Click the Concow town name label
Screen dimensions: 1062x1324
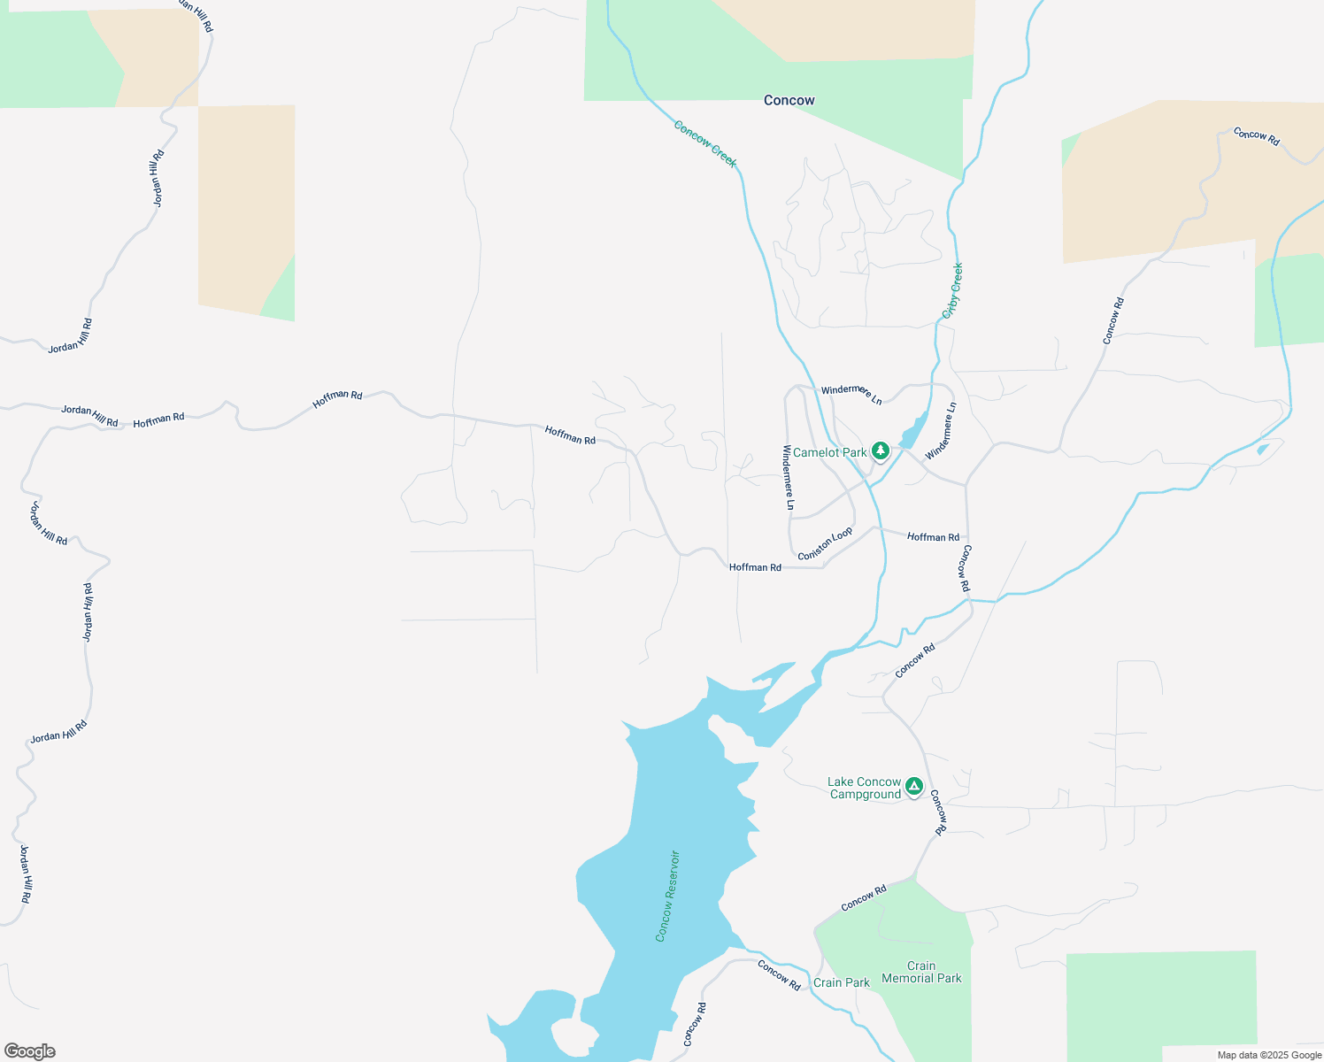click(x=789, y=100)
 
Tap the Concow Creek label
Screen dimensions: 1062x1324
click(x=704, y=143)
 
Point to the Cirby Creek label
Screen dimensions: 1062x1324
click(x=952, y=290)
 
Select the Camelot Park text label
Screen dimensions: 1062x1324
click(x=829, y=452)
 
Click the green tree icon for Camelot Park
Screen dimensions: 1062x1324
click(x=880, y=451)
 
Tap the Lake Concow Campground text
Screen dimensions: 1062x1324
click(x=864, y=788)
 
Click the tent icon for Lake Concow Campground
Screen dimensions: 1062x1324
click(x=914, y=786)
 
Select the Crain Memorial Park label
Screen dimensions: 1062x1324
click(x=921, y=972)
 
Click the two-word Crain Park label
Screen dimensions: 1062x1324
click(x=841, y=982)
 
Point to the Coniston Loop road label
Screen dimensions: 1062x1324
click(x=825, y=543)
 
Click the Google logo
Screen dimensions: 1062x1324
click(x=30, y=1051)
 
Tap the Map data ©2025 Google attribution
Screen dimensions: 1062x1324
click(x=1269, y=1055)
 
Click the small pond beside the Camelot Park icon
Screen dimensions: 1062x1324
click(x=912, y=433)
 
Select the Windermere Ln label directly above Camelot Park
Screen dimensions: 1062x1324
click(x=851, y=395)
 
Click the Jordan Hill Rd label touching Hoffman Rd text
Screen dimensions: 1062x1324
click(x=89, y=415)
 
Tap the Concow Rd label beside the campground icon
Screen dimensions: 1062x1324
click(x=939, y=812)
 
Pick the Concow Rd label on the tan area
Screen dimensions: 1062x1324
click(x=1256, y=136)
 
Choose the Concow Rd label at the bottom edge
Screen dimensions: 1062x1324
click(x=696, y=1024)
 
